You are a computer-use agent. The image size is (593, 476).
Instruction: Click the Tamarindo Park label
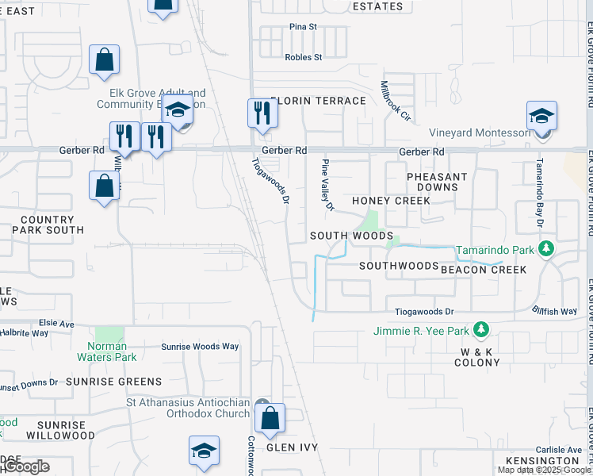pyautogui.click(x=496, y=251)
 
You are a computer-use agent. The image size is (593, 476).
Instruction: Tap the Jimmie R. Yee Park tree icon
pyautogui.click(x=480, y=328)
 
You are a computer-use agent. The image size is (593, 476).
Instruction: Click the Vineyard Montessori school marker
pyautogui.click(x=542, y=116)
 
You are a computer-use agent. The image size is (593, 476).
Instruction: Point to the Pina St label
pyautogui.click(x=303, y=27)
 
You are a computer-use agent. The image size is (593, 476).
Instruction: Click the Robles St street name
pyautogui.click(x=304, y=57)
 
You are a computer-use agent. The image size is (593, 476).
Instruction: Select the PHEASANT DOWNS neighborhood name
pyautogui.click(x=437, y=182)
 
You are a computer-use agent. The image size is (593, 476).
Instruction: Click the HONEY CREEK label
pyautogui.click(x=391, y=201)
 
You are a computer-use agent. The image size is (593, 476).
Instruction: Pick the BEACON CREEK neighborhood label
pyautogui.click(x=484, y=270)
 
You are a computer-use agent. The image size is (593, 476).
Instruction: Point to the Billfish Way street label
pyautogui.click(x=554, y=311)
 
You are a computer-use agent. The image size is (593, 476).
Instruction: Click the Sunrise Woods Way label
pyautogui.click(x=200, y=347)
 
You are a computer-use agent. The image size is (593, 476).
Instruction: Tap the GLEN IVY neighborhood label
pyautogui.click(x=292, y=447)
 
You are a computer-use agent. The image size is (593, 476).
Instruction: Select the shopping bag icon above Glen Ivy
pyautogui.click(x=270, y=419)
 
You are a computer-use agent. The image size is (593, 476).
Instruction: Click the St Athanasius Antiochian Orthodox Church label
pyautogui.click(x=188, y=408)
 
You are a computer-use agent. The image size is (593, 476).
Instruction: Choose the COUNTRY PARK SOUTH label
pyautogui.click(x=48, y=225)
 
